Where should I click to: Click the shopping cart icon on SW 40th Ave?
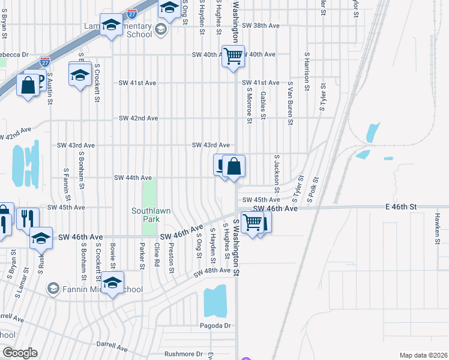point(233,56)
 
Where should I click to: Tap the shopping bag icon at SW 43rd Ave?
point(234,166)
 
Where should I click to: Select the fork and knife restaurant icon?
point(28,218)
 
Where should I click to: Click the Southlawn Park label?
point(146,215)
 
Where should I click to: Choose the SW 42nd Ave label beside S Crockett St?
point(138,118)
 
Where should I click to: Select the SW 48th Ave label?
point(212,271)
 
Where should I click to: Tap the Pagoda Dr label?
point(215,326)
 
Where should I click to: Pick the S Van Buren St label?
point(290,103)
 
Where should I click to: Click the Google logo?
point(20,353)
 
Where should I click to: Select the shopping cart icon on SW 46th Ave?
point(252,221)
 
